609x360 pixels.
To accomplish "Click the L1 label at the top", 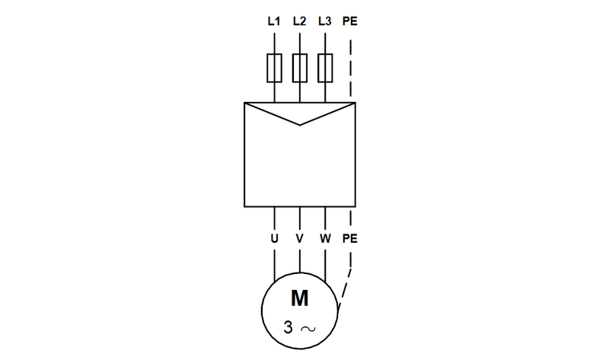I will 274,21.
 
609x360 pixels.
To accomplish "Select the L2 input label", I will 299,21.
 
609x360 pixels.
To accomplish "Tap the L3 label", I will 325,21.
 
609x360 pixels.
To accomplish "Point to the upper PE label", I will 350,21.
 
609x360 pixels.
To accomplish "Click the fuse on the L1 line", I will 274,67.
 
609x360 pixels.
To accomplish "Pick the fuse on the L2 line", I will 300,67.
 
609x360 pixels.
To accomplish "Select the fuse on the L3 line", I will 325,67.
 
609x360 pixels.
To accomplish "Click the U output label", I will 274,238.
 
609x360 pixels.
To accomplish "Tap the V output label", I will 300,238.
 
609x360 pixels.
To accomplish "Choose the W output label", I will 325,238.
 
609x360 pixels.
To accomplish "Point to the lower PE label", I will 350,238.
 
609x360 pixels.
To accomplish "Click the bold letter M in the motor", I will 300,298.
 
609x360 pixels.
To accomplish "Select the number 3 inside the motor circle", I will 287,328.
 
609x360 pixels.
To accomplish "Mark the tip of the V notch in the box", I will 300,125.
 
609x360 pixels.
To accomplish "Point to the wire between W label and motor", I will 325,263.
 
